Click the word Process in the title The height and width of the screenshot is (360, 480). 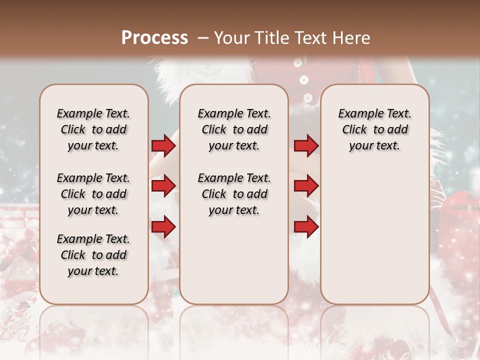pos(154,38)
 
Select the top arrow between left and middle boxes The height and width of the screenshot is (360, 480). pos(163,146)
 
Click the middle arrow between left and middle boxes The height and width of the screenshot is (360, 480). pos(163,186)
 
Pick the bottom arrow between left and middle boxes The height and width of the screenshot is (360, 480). pos(163,227)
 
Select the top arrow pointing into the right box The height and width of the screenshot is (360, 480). pos(306,146)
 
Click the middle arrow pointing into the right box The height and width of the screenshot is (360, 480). pos(306,186)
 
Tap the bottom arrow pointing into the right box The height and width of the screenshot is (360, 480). pos(306,227)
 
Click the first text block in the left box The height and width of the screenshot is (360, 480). pos(93,129)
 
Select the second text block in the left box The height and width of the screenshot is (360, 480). pos(93,194)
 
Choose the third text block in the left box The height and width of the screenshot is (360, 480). pos(93,255)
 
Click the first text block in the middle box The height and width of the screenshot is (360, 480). pos(234,129)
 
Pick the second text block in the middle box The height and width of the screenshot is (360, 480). pos(234,194)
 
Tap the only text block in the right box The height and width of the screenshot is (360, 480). pos(374,129)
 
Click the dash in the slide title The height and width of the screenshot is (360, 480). pos(202,38)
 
